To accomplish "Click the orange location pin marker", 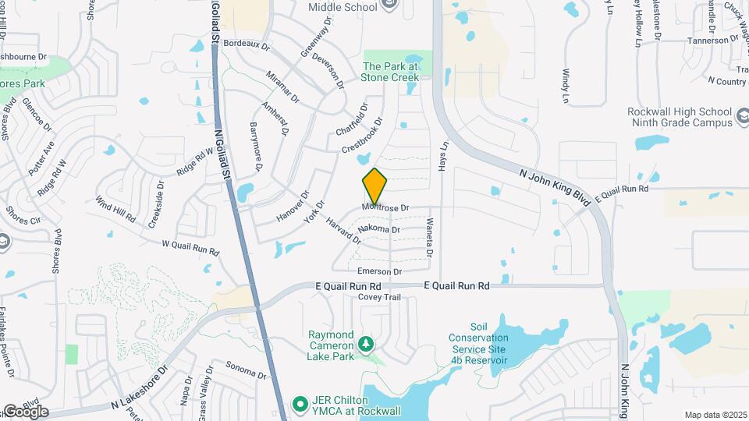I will pyautogui.click(x=375, y=186).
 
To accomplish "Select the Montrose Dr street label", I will pyautogui.click(x=385, y=208).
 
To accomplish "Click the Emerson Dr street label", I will pyautogui.click(x=378, y=271).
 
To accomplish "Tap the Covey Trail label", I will pyautogui.click(x=379, y=297).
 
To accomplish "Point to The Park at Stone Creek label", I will pyautogui.click(x=390, y=72).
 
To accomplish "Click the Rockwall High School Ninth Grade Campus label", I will pyautogui.click(x=680, y=117).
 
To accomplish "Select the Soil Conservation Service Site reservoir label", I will pyautogui.click(x=478, y=344).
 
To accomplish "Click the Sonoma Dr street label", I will pyautogui.click(x=246, y=369).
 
